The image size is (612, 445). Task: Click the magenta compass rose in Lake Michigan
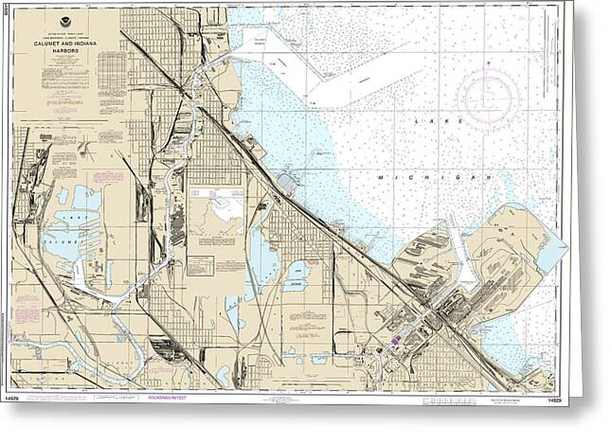487,95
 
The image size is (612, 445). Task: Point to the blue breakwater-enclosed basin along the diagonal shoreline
285,180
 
